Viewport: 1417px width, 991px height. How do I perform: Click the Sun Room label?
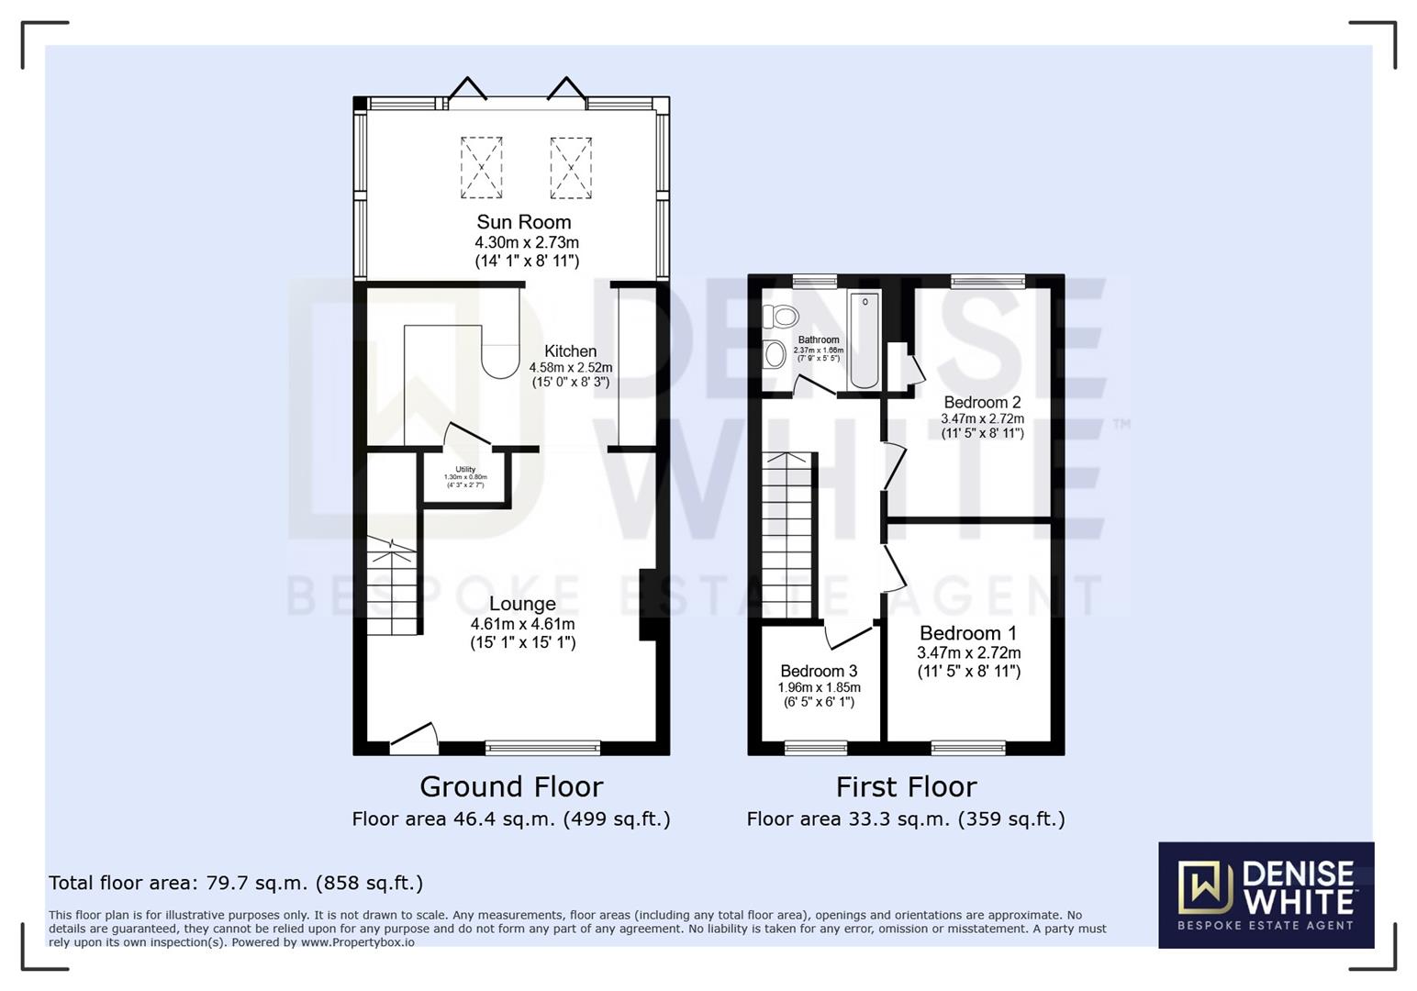523,222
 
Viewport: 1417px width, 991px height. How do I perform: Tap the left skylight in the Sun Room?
481,168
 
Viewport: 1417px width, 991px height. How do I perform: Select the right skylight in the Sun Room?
570,168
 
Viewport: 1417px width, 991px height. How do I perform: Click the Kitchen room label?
570,351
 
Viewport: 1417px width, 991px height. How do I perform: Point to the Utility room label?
465,470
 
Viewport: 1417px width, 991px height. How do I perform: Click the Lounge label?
522,604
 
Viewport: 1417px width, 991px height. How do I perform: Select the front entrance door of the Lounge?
413,740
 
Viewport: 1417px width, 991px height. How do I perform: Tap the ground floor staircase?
392,587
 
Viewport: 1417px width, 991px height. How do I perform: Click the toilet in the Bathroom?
781,317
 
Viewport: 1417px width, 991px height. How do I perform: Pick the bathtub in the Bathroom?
865,340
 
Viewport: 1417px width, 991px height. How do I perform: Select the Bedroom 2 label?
982,402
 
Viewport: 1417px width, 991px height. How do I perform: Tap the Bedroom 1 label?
968,633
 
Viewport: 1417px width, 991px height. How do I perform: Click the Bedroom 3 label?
819,671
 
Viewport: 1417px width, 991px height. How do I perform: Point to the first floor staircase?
787,537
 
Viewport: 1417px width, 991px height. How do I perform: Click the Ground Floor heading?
511,786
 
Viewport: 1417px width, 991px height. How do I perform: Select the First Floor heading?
906,786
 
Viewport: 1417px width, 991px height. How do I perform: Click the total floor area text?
236,883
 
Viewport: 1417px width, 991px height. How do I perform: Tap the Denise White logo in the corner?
1266,895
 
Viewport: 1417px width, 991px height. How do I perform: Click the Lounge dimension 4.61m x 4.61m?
522,624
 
